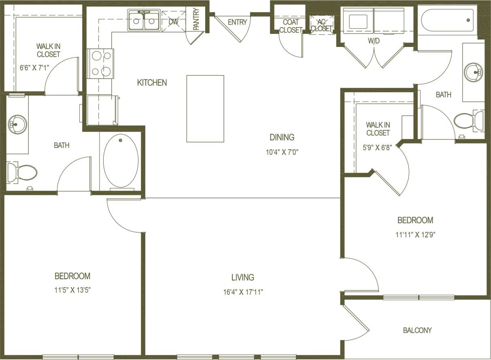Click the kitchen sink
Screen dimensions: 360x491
coord(144,21)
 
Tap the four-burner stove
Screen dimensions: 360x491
coord(100,64)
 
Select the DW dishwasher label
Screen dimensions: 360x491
coord(173,21)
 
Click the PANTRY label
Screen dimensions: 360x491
coord(196,19)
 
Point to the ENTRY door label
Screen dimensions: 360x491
coord(237,22)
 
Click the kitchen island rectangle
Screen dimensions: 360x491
coord(205,108)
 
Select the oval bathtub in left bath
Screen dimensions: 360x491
coord(121,161)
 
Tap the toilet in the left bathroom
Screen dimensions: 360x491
coord(23,173)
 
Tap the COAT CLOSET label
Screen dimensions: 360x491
coord(290,26)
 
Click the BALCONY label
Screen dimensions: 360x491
coord(417,330)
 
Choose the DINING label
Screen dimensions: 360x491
coord(282,137)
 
